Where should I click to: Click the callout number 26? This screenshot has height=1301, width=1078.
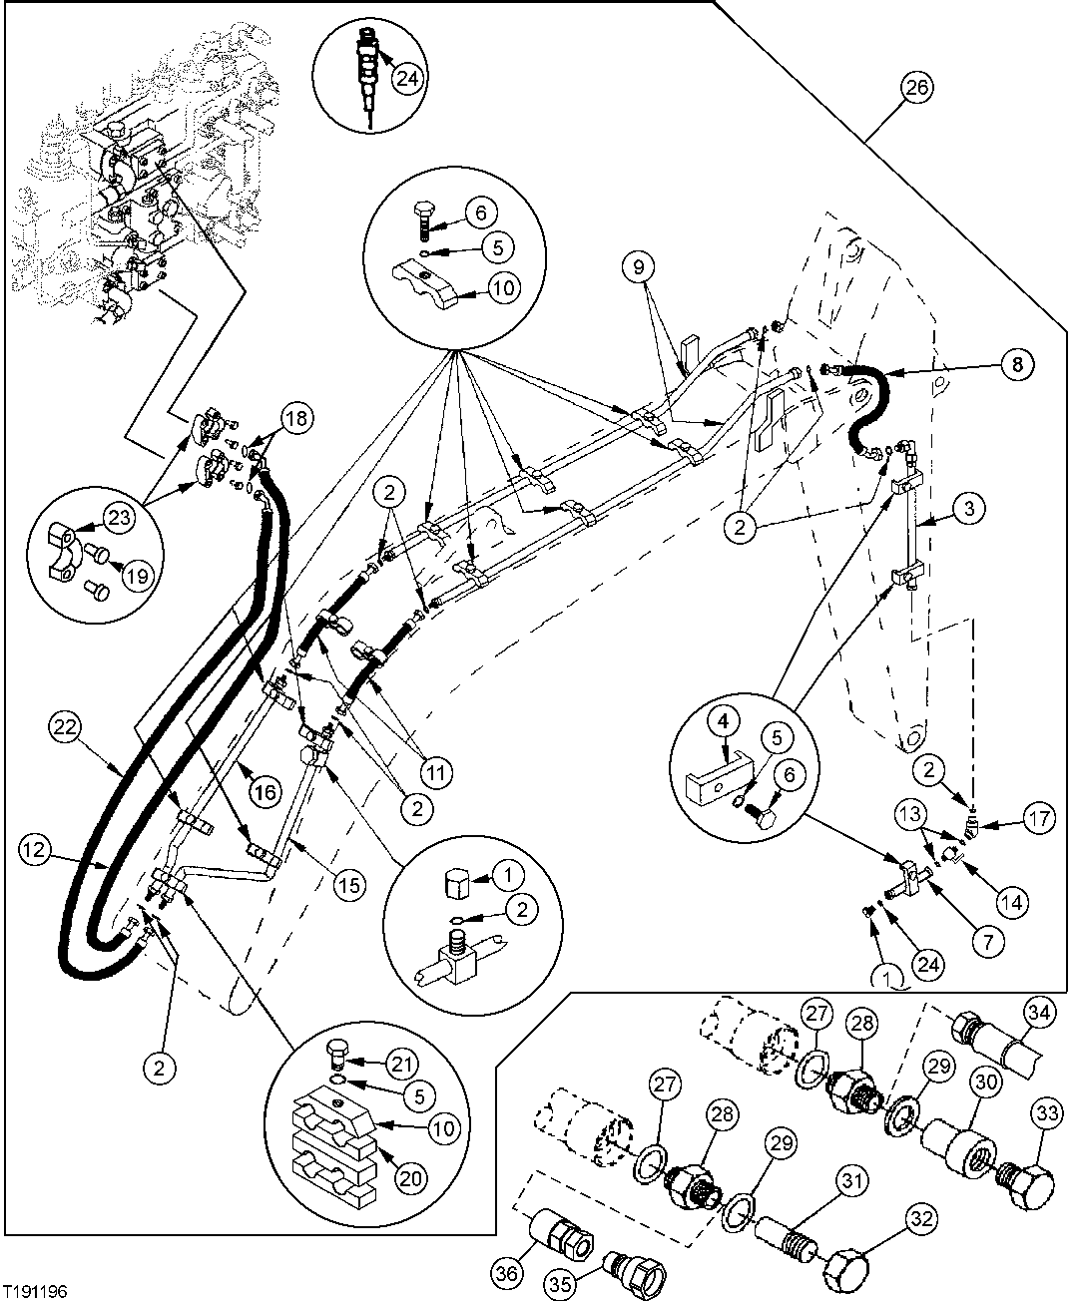916,88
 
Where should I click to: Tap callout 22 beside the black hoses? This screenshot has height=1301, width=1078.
67,728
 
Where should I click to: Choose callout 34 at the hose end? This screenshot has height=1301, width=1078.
1042,1015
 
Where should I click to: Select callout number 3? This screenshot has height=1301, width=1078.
972,509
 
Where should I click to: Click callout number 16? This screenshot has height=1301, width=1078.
264,793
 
